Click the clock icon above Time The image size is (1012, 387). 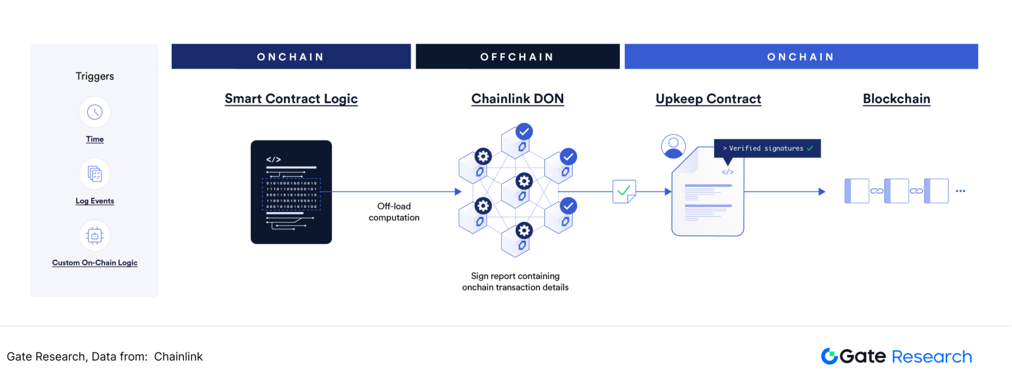point(95,112)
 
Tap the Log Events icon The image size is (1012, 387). point(95,174)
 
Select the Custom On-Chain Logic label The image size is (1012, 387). point(95,262)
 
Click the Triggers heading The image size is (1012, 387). point(95,76)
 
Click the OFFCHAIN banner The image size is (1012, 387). point(517,57)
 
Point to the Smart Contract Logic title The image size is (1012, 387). point(291,99)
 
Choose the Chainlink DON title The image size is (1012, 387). point(518,99)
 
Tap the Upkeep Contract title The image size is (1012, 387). point(708,99)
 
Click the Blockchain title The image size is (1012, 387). point(896,99)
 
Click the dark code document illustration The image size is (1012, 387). point(291,192)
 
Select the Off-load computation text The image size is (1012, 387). point(394,212)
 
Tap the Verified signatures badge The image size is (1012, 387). point(767,148)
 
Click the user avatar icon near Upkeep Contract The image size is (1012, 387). point(673,146)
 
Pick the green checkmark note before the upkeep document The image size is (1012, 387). point(624,191)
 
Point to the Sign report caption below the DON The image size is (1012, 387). point(515,282)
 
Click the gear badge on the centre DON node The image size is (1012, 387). point(524,181)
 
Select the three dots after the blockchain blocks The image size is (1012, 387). point(961,191)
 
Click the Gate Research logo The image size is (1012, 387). point(896,357)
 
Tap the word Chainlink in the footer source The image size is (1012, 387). point(178,357)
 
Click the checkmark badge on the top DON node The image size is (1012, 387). point(524,131)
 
